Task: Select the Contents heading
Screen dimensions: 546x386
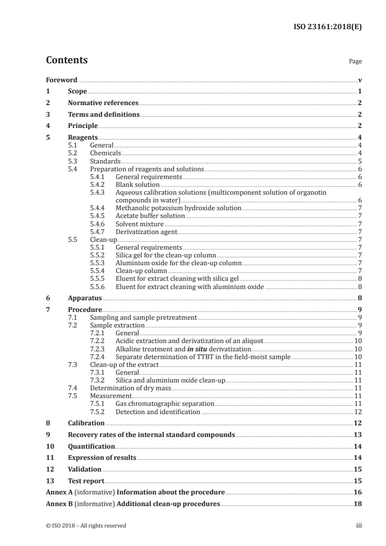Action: pyautogui.click(x=67, y=60)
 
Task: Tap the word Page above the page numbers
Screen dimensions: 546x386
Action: pyautogui.click(x=355, y=62)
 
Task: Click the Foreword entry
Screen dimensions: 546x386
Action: pyautogui.click(x=61, y=80)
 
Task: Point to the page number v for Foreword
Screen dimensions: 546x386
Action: pyautogui.click(x=360, y=80)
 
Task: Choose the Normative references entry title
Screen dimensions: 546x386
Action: pyautogui.click(x=103, y=103)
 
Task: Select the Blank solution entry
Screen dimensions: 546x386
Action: pyautogui.click(x=138, y=184)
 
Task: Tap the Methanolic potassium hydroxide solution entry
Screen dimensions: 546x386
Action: pyautogui.click(x=179, y=208)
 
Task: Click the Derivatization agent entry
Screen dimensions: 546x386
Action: pyautogui.click(x=147, y=231)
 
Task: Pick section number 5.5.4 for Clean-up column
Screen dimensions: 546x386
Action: pyautogui.click(x=99, y=270)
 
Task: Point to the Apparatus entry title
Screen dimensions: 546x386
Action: pyautogui.click(x=85, y=298)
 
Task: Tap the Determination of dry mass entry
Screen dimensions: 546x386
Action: pyautogui.click(x=131, y=388)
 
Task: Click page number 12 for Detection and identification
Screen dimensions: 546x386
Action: pyautogui.click(x=357, y=412)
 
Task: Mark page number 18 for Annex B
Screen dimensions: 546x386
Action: pyautogui.click(x=357, y=504)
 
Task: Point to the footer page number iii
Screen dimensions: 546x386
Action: pyautogui.click(x=359, y=526)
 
